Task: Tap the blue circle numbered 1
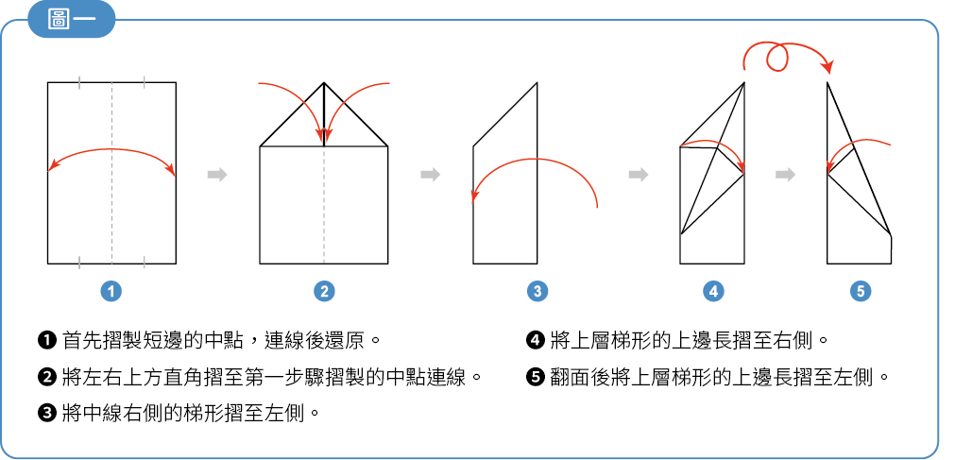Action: [x=111, y=292]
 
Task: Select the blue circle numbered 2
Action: [x=324, y=292]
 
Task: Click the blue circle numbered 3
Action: [x=537, y=292]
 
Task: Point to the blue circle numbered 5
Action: [x=860, y=292]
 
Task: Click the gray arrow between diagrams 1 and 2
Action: [x=217, y=175]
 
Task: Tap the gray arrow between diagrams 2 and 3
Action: [x=431, y=175]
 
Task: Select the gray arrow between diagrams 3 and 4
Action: [x=639, y=175]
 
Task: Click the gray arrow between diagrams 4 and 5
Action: [x=786, y=175]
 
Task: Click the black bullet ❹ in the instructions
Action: [x=534, y=340]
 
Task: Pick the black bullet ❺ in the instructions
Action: [x=534, y=378]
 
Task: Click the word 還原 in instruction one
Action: [x=345, y=340]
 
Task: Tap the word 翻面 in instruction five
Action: [x=569, y=378]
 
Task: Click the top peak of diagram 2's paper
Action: [x=324, y=82]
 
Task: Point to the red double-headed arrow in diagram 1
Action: [x=111, y=150]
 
